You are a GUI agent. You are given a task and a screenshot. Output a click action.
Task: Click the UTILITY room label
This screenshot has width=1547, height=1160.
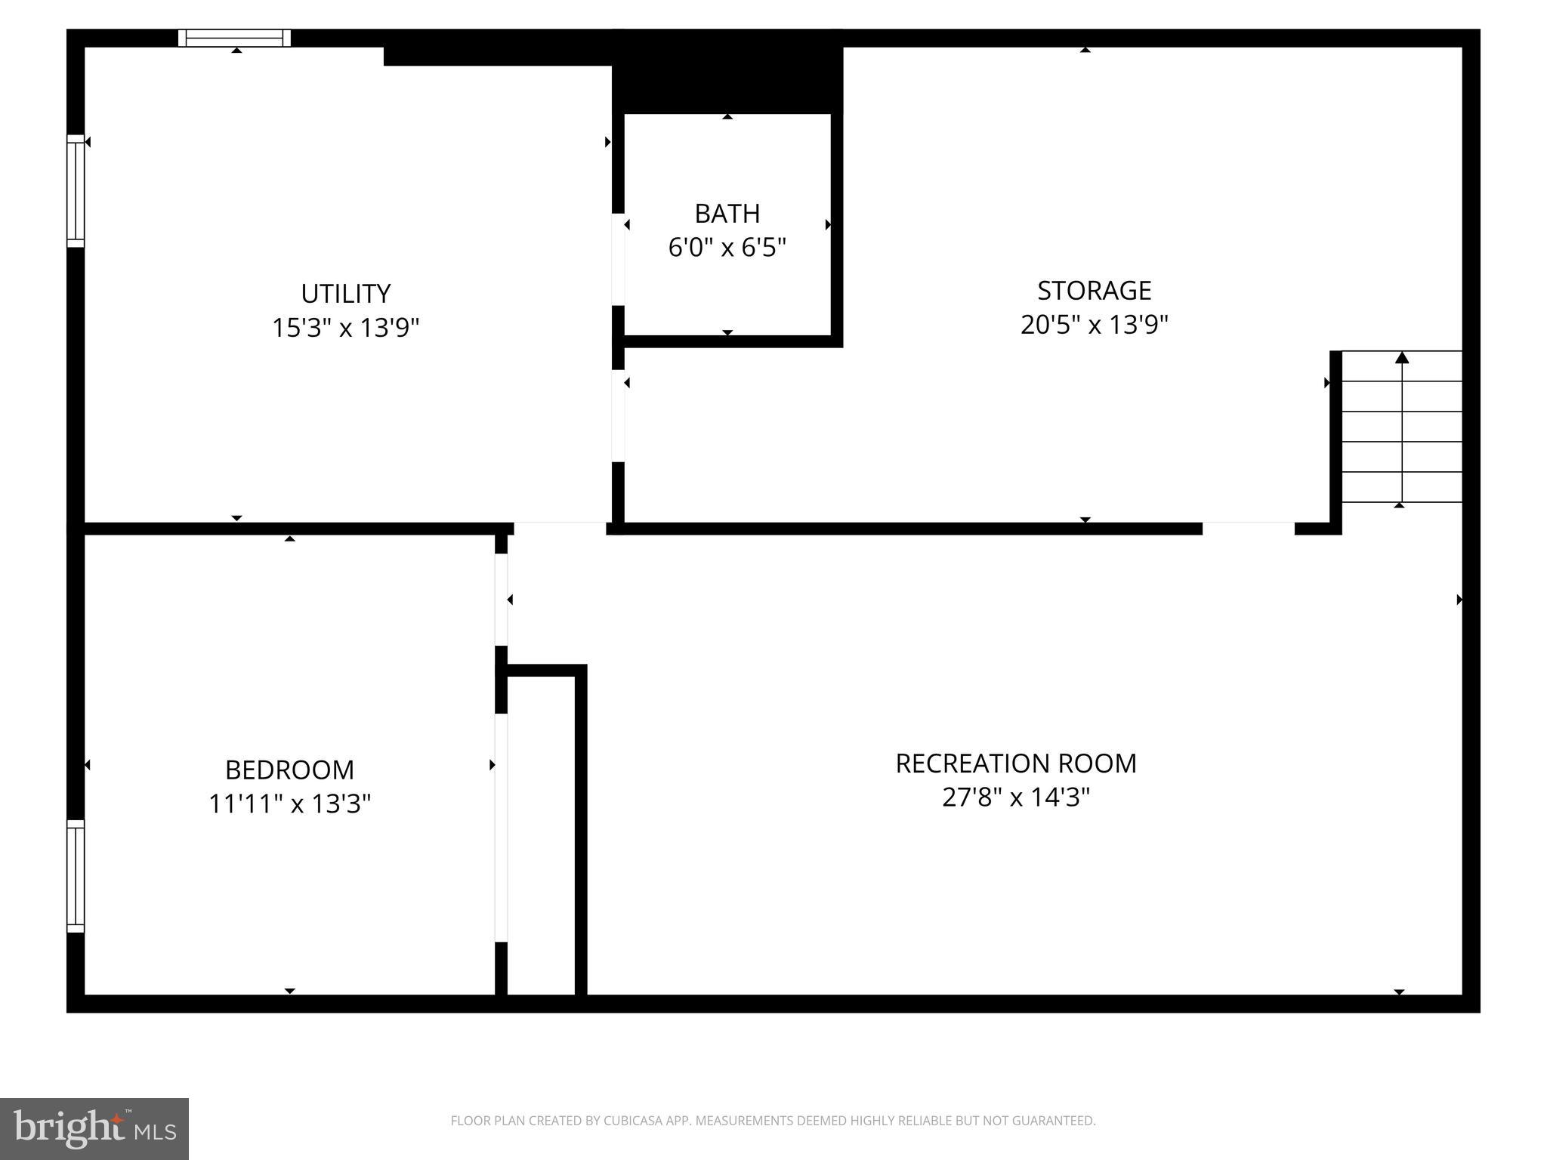pyautogui.click(x=345, y=293)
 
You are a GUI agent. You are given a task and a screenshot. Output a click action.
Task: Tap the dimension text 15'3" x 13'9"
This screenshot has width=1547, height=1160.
pyautogui.click(x=345, y=328)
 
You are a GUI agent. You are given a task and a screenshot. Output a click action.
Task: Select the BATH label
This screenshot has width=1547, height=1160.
pyautogui.click(x=727, y=214)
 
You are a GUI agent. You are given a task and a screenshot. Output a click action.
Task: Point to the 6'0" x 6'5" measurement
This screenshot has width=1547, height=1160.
pyautogui.click(x=727, y=247)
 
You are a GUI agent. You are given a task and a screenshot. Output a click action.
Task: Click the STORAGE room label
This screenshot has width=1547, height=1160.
pyautogui.click(x=1094, y=290)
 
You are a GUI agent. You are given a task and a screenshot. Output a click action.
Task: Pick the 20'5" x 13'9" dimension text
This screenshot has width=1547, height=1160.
pyautogui.click(x=1094, y=325)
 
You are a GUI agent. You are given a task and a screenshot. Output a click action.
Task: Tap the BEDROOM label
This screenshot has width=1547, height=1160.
pyautogui.click(x=289, y=770)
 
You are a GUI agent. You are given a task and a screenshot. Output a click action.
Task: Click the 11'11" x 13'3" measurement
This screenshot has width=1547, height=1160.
pyautogui.click(x=289, y=804)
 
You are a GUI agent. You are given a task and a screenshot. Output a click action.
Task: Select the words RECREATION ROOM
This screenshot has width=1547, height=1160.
pyautogui.click(x=1015, y=764)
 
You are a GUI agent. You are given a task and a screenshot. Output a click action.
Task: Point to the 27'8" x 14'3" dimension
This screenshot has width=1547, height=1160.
pyautogui.click(x=1015, y=797)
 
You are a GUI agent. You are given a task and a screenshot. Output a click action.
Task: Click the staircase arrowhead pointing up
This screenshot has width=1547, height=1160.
pyautogui.click(x=1402, y=357)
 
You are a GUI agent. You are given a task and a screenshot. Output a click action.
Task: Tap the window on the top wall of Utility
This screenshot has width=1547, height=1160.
pyautogui.click(x=235, y=38)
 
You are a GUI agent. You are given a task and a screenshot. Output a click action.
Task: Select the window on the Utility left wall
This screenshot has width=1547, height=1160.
pyautogui.click(x=76, y=191)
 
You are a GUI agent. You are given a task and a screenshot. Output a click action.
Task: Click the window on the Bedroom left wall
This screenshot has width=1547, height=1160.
pyautogui.click(x=76, y=876)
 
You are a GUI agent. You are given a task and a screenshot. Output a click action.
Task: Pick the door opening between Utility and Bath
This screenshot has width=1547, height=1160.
pyautogui.click(x=618, y=259)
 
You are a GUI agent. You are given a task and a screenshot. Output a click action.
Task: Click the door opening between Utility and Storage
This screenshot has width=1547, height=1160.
pyautogui.click(x=618, y=415)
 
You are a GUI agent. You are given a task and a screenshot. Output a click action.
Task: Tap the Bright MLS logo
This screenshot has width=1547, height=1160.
pyautogui.click(x=94, y=1128)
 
